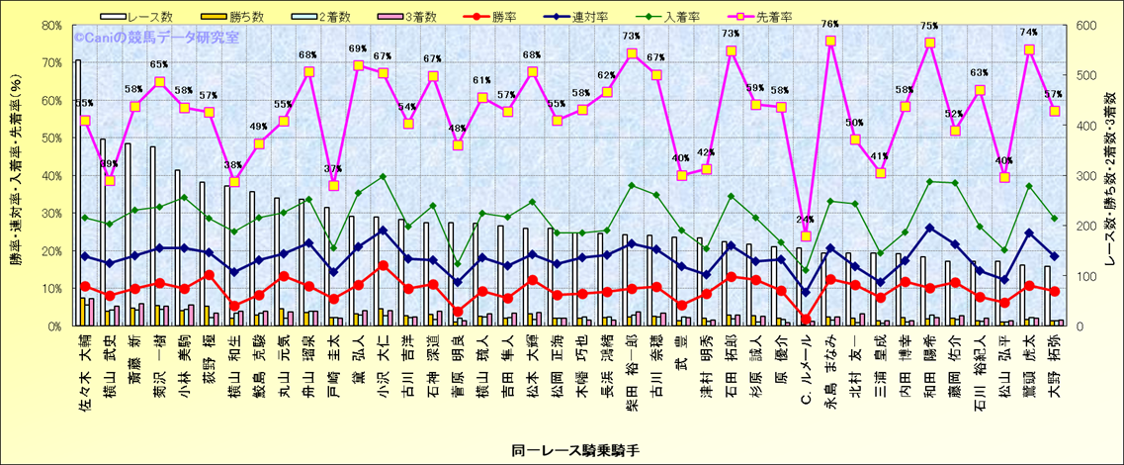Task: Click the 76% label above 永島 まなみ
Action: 830,24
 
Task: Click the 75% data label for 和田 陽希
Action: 930,27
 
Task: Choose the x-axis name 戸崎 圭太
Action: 333,371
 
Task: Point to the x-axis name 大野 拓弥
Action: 1055,372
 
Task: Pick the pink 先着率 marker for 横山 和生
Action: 234,181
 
